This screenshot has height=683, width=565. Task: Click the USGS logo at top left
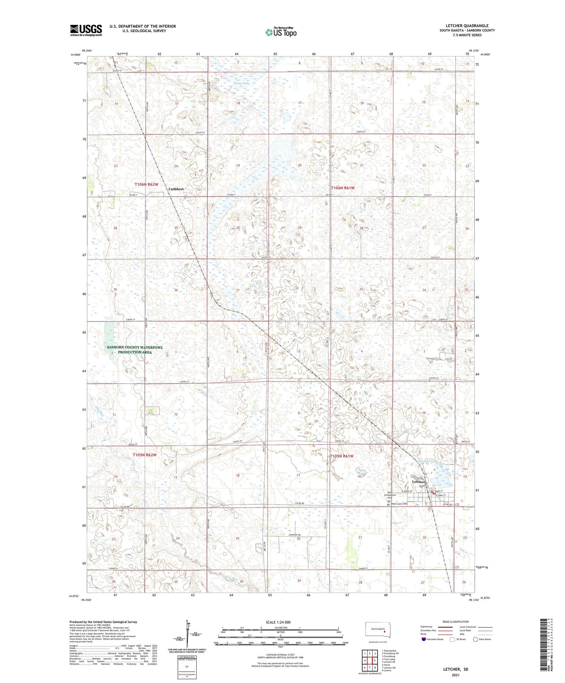point(86,30)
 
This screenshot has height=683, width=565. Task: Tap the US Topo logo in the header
point(281,32)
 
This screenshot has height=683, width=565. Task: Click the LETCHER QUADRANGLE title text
point(467,26)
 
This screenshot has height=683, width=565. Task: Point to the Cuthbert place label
point(176,189)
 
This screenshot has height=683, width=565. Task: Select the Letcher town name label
point(418,482)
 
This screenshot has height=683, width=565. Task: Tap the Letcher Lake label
point(427,462)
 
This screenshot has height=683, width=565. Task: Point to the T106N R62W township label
point(147,184)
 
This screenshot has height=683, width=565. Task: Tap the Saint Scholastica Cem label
point(390,495)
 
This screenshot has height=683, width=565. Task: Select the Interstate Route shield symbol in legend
point(424,639)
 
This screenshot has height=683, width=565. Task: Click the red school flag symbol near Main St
point(432,492)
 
